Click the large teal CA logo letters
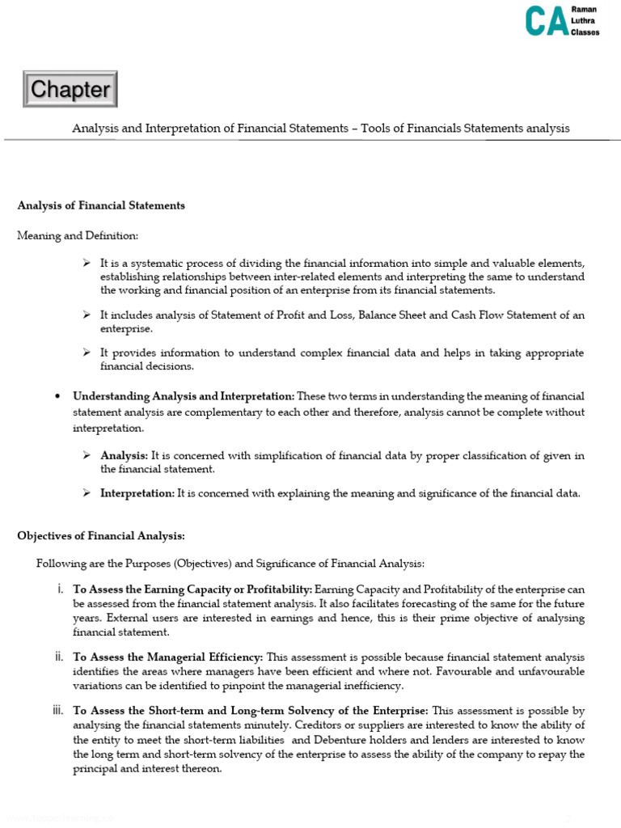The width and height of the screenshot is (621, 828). point(545,21)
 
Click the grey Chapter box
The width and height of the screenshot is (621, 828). point(70,89)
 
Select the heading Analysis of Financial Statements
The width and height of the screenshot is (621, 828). point(101,205)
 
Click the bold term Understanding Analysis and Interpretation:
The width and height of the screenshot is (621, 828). point(184,396)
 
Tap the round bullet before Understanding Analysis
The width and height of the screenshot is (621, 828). point(57,396)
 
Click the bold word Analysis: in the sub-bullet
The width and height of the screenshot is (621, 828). point(124,456)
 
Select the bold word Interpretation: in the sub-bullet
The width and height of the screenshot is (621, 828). point(137,493)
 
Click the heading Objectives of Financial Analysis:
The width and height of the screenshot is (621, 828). point(101,535)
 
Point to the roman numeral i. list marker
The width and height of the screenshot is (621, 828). point(61,589)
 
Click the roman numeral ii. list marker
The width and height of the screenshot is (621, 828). point(59,657)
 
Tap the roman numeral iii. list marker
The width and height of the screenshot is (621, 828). point(57,710)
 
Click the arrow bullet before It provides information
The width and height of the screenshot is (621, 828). point(87,353)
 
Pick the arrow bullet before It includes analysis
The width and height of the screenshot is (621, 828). point(87,315)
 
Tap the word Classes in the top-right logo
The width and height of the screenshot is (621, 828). point(585,32)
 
